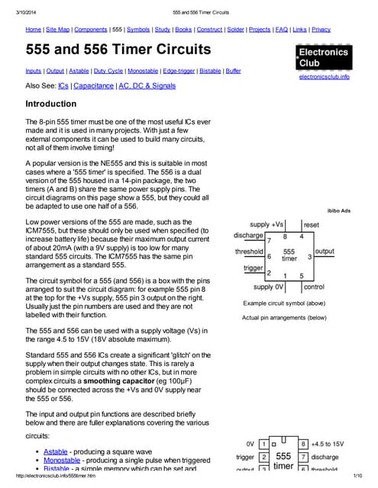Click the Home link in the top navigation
click(33, 29)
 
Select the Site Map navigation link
click(58, 29)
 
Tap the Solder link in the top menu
click(236, 29)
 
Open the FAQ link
click(283, 29)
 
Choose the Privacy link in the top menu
click(321, 29)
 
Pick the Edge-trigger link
click(178, 70)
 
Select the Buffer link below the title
click(234, 70)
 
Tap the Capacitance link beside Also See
click(93, 86)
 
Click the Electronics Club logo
click(324, 58)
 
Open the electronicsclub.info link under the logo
click(324, 77)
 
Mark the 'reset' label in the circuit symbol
click(312, 225)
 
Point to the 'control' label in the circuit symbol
click(314, 287)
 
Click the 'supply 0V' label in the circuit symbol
click(268, 287)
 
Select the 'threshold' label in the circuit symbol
click(249, 251)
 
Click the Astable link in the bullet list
click(55, 451)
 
